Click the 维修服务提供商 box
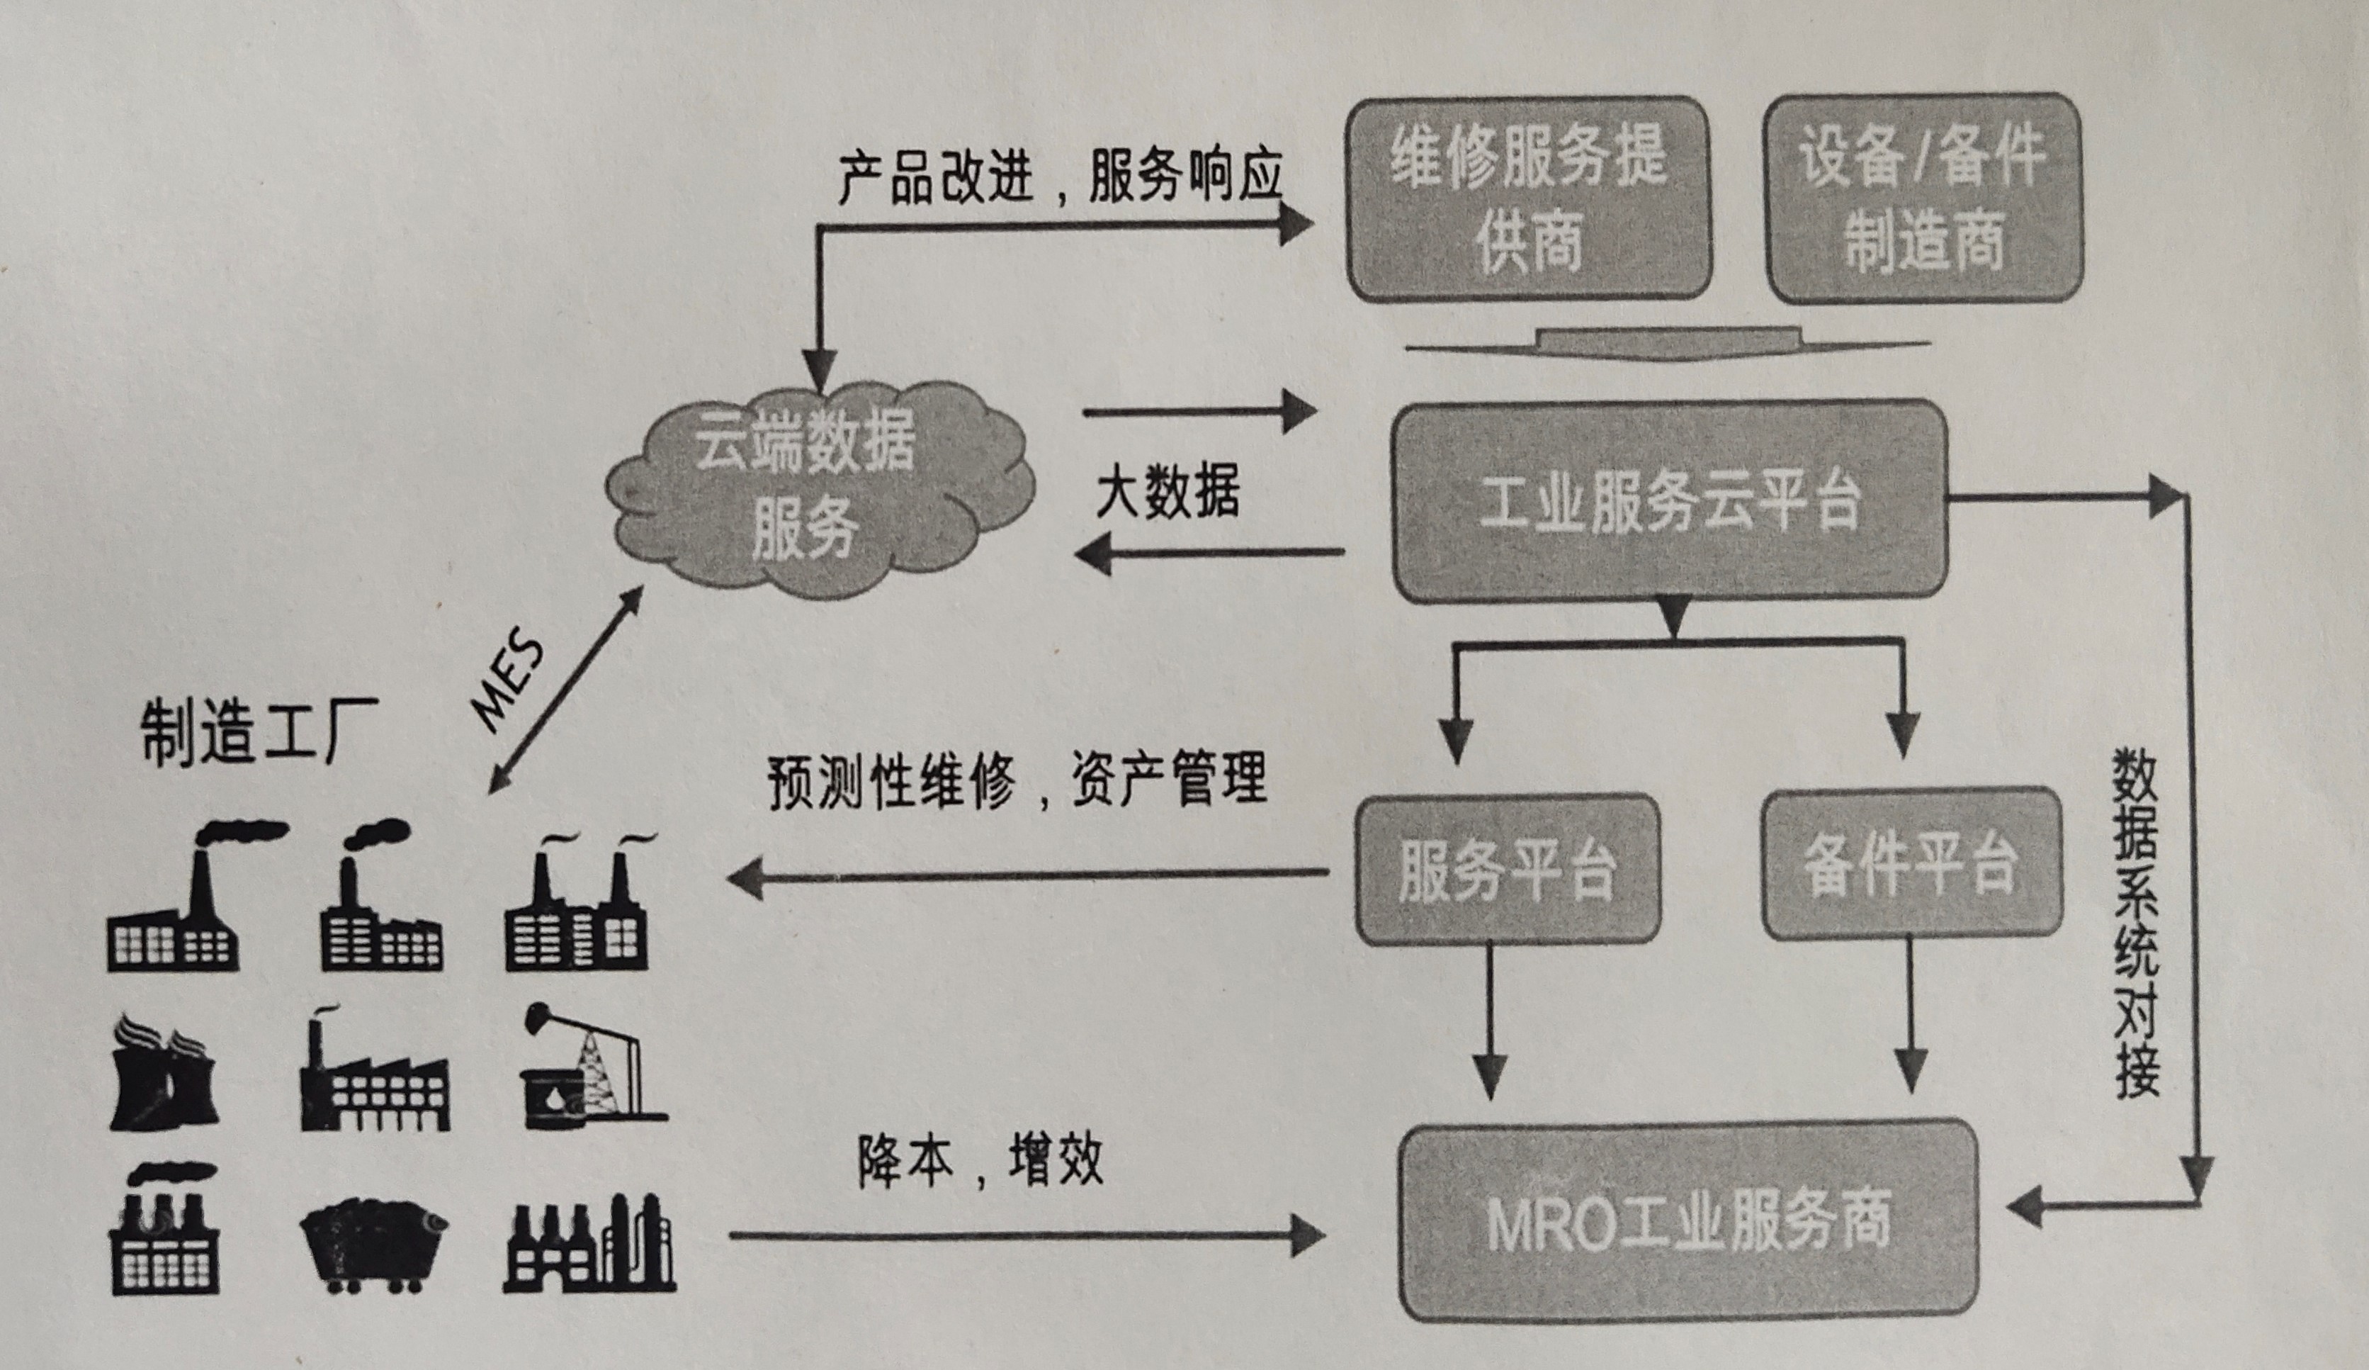[x=1529, y=198]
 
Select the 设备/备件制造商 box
[x=1923, y=198]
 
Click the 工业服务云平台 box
[x=1670, y=501]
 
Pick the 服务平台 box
[x=1507, y=870]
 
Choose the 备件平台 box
[x=1911, y=863]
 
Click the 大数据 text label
[x=1167, y=491]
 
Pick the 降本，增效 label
[x=980, y=1161]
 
